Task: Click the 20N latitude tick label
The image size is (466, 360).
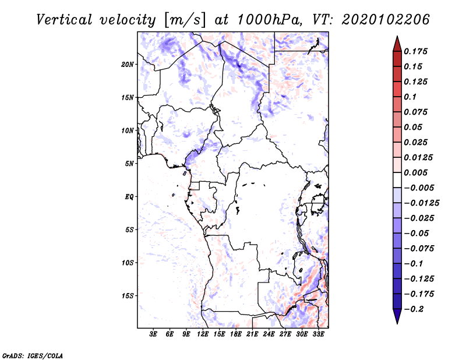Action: point(128,65)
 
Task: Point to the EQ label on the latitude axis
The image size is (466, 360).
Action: point(129,197)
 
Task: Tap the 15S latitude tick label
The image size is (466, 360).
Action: point(128,296)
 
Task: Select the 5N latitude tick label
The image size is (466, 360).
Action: point(129,164)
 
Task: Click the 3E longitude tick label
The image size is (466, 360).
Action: point(153,334)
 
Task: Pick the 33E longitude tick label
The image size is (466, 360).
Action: point(318,334)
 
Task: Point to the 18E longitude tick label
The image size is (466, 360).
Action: point(236,334)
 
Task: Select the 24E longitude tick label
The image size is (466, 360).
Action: point(269,334)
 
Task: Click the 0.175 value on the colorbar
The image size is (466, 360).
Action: point(416,51)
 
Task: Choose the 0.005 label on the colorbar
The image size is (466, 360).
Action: point(416,172)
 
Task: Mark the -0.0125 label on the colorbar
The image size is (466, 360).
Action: point(422,203)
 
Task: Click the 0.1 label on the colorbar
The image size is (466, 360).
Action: point(410,97)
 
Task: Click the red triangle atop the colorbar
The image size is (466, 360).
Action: point(397,44)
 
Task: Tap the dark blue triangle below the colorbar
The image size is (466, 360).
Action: point(397,316)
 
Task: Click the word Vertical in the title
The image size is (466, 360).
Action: point(64,20)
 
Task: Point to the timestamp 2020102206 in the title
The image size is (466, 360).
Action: point(386,20)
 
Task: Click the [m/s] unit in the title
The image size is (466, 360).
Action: point(185,20)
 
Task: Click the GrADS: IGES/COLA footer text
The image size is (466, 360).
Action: point(33,356)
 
